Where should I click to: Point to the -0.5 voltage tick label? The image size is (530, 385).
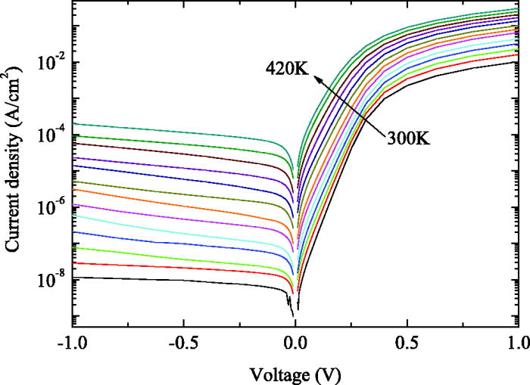183,343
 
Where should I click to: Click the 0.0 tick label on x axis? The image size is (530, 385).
296,343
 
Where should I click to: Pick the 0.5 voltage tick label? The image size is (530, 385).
407,343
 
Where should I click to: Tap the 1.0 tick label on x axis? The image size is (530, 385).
517,343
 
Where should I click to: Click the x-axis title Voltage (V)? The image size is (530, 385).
296,373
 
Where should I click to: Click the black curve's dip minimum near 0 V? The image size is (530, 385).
292,315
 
